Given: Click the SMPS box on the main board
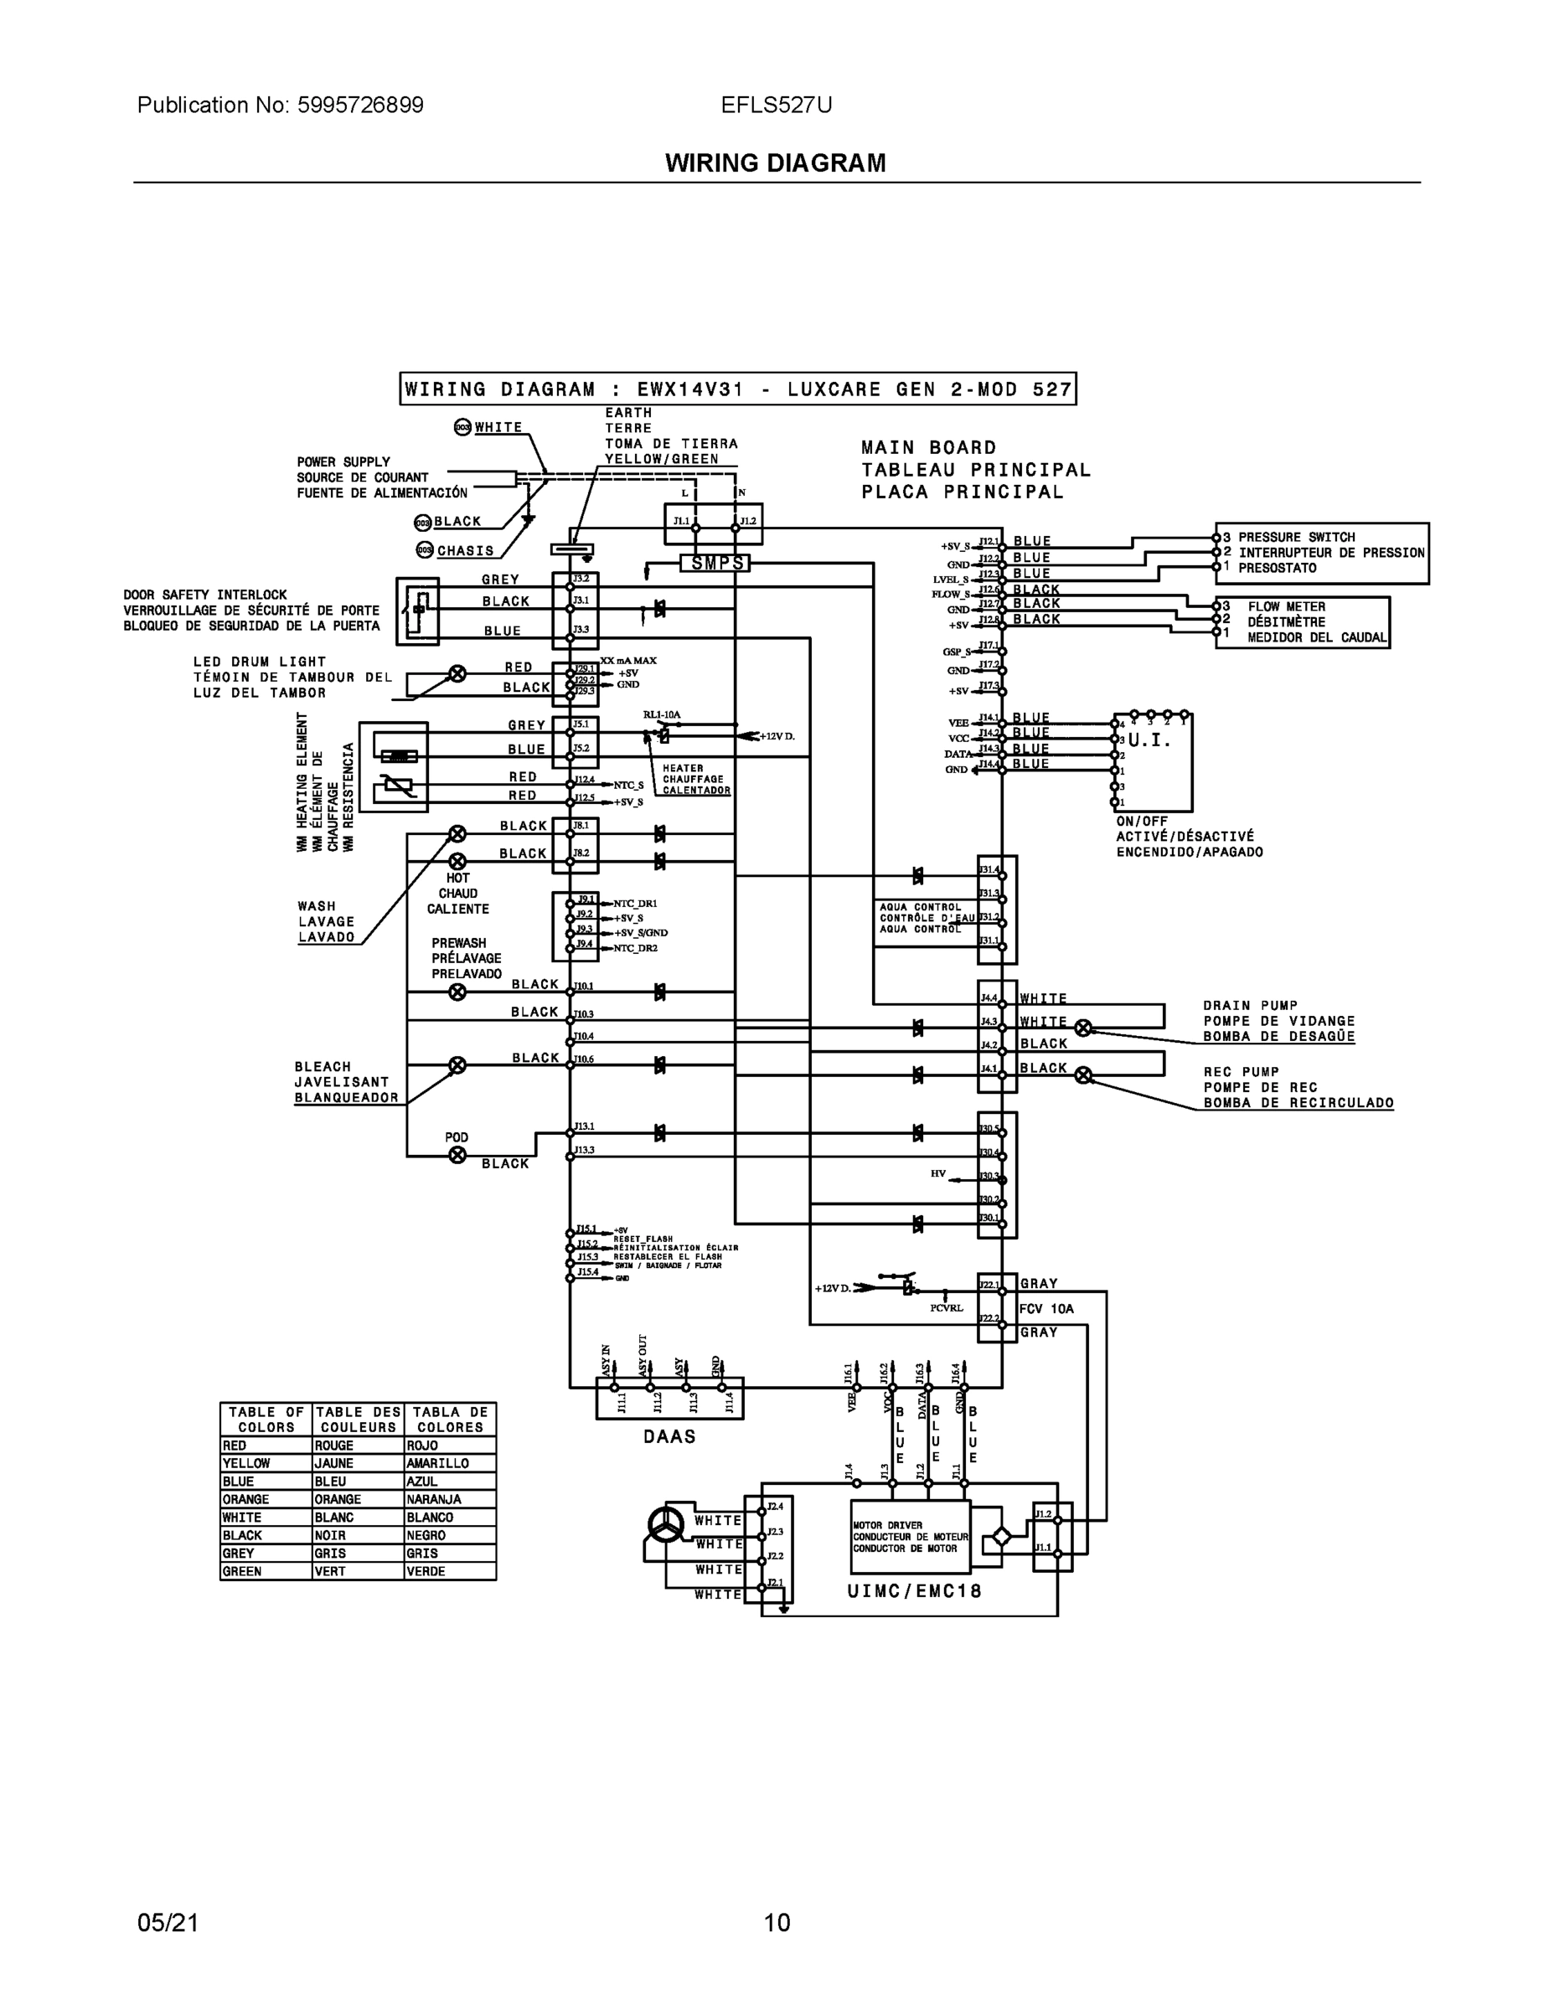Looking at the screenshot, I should pyautogui.click(x=715, y=562).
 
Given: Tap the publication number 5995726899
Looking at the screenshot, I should pyautogui.click(x=360, y=105).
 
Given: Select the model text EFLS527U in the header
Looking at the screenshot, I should pyautogui.click(x=776, y=105).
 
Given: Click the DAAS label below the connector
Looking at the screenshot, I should pyautogui.click(x=669, y=1436).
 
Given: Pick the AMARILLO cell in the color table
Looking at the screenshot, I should pyautogui.click(x=449, y=1463).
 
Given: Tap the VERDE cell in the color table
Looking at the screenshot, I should pyautogui.click(x=449, y=1571).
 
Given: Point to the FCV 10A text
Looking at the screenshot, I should pyautogui.click(x=1046, y=1309).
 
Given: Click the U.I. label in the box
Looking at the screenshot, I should pyautogui.click(x=1149, y=740).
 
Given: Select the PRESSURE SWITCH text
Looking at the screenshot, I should pyautogui.click(x=1296, y=538).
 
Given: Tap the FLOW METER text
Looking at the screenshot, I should pyautogui.click(x=1286, y=606).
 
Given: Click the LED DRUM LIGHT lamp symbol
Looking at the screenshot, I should pyautogui.click(x=457, y=673).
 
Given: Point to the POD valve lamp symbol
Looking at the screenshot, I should pyautogui.click(x=457, y=1155).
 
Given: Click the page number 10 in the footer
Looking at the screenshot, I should pyautogui.click(x=776, y=1922).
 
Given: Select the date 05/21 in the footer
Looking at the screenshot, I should pyautogui.click(x=168, y=1922).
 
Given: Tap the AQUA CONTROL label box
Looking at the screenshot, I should pyautogui.click(x=921, y=918).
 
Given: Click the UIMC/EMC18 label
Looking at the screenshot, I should pyautogui.click(x=914, y=1591).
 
